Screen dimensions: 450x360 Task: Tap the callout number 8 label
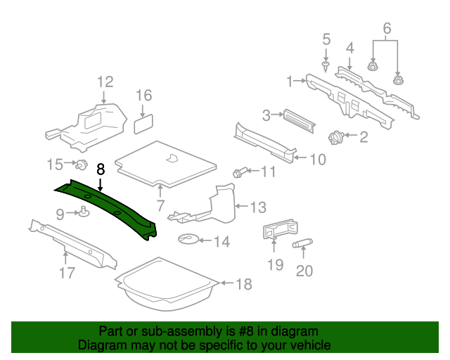(x=101, y=169)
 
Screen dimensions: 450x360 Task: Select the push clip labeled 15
(x=82, y=165)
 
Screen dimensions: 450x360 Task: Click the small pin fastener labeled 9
(x=84, y=212)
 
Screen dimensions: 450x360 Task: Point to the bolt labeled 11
(x=239, y=172)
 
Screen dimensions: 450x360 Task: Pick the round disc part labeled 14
(x=188, y=239)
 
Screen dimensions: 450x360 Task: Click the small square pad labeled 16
(x=143, y=124)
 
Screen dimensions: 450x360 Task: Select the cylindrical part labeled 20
(x=302, y=243)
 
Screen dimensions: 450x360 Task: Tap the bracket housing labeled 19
(x=280, y=229)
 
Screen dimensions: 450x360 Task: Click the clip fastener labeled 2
(x=336, y=137)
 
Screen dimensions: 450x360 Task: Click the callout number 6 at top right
(x=387, y=28)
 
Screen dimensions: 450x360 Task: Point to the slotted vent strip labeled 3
(x=299, y=121)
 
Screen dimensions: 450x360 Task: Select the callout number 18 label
(x=244, y=284)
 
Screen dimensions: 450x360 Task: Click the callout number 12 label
(x=105, y=82)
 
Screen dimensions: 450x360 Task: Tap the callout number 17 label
(x=67, y=273)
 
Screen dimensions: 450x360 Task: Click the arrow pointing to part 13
(x=242, y=206)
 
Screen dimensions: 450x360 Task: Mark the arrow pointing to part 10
(x=301, y=157)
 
